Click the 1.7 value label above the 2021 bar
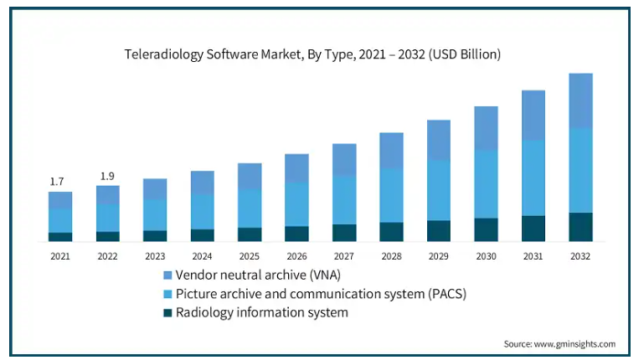(x=57, y=181)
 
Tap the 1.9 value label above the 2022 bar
(x=107, y=176)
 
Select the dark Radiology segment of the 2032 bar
(x=580, y=227)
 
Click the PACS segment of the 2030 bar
(x=486, y=184)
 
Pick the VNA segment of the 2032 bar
(x=580, y=100)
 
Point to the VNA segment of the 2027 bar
(x=344, y=159)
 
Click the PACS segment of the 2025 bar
(x=250, y=208)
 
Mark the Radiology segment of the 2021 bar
(x=60, y=237)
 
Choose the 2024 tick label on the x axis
(x=202, y=255)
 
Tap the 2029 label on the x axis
(x=439, y=255)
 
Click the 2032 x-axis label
(x=580, y=255)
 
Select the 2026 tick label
(x=296, y=255)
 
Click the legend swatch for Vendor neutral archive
(x=167, y=275)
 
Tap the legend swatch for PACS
(x=167, y=294)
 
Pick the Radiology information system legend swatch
(x=167, y=313)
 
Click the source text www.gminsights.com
(x=577, y=344)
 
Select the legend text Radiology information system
(x=262, y=313)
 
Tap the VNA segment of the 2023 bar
(x=155, y=188)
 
